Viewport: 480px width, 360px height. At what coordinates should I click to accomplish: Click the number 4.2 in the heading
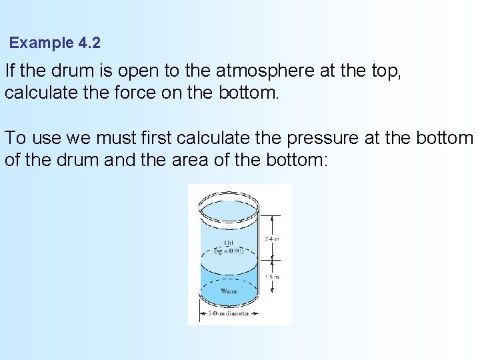click(x=89, y=43)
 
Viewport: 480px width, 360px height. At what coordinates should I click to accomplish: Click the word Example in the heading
click(x=41, y=43)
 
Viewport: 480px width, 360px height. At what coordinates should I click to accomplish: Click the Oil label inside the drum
click(x=229, y=243)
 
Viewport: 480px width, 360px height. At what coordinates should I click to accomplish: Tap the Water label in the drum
click(x=229, y=290)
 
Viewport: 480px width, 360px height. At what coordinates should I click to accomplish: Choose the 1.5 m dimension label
click(x=271, y=277)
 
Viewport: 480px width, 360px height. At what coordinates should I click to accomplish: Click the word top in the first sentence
click(x=387, y=70)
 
